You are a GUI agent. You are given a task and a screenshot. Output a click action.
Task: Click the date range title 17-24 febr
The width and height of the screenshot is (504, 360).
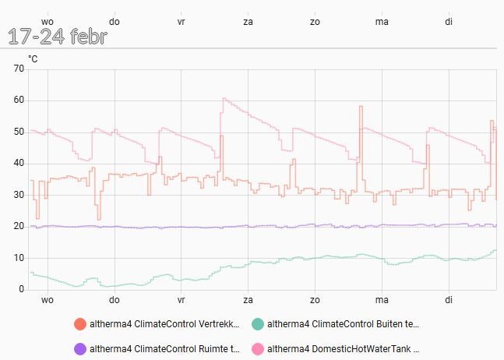(x=58, y=37)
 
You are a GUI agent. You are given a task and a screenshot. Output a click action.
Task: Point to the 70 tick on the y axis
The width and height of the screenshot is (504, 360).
(x=19, y=69)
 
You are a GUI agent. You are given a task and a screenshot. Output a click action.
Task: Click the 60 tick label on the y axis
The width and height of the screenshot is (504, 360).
(x=19, y=101)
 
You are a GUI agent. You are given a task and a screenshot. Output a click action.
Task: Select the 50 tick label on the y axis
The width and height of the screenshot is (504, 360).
(x=19, y=132)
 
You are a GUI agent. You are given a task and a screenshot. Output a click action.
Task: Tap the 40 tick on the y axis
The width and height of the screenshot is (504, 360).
(x=19, y=164)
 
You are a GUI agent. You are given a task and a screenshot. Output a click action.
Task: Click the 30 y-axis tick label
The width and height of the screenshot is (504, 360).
(x=19, y=195)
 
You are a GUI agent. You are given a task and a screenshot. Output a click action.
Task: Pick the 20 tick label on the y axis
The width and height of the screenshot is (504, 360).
(x=19, y=227)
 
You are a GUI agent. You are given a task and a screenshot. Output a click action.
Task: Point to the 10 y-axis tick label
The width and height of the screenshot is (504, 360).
(x=19, y=258)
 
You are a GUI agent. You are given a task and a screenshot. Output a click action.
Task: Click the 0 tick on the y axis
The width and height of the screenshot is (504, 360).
(x=22, y=289)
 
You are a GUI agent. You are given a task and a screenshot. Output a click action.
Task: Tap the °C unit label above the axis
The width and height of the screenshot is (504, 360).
(x=33, y=58)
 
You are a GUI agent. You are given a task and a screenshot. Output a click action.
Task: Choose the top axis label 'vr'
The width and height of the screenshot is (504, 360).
(x=181, y=21)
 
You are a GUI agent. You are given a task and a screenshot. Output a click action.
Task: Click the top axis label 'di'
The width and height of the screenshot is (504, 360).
(x=449, y=21)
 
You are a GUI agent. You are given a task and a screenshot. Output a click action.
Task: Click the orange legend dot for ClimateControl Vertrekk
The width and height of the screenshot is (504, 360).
(x=79, y=324)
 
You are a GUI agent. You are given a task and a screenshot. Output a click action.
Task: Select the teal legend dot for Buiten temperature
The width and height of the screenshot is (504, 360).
(x=257, y=324)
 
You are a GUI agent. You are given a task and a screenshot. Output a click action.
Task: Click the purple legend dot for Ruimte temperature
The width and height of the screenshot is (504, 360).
(x=79, y=349)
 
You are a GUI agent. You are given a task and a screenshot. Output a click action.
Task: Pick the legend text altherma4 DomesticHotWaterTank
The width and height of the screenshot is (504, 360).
(x=344, y=349)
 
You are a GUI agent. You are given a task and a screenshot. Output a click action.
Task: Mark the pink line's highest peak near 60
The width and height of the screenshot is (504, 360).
(x=224, y=99)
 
